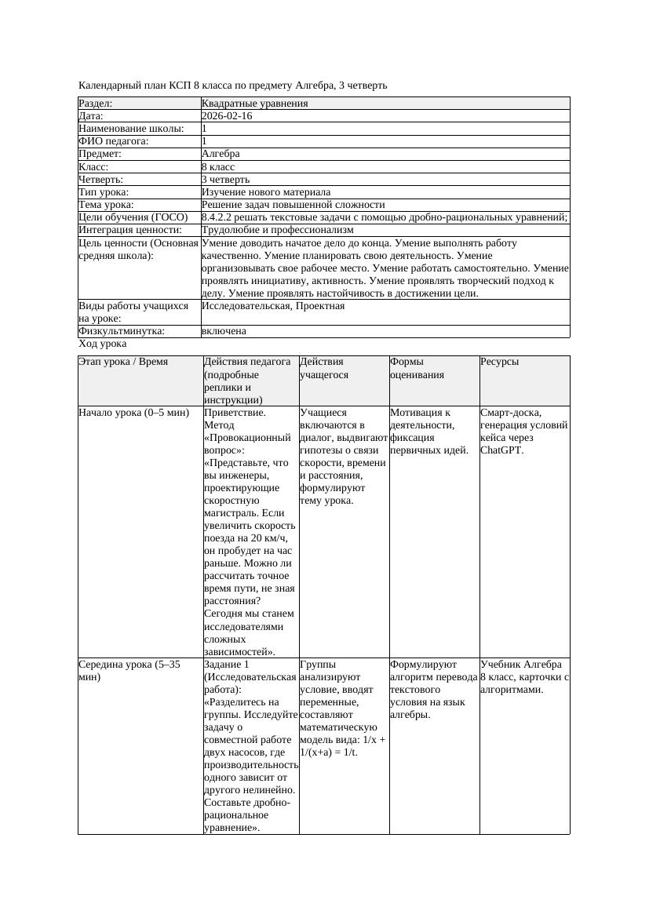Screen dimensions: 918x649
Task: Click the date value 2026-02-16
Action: click(x=227, y=116)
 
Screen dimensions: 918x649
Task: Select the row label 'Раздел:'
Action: click(x=96, y=104)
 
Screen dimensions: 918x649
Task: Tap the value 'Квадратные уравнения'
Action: click(x=254, y=104)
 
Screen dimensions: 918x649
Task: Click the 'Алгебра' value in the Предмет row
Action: click(x=221, y=155)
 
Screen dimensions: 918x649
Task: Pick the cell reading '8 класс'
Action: click(x=218, y=167)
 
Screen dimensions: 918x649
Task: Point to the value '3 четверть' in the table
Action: click(x=225, y=180)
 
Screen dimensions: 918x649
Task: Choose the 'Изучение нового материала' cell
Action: click(x=266, y=192)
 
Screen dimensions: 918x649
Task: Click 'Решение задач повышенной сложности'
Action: click(x=293, y=205)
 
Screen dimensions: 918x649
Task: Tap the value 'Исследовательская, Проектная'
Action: click(x=273, y=306)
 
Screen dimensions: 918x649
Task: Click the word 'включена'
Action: click(x=224, y=331)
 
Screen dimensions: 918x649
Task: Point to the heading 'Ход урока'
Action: click(x=103, y=344)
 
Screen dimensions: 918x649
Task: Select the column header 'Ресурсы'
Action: click(x=500, y=362)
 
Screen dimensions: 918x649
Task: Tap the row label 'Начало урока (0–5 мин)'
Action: click(x=134, y=412)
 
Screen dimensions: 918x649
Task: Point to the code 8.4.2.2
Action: click(x=221, y=217)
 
